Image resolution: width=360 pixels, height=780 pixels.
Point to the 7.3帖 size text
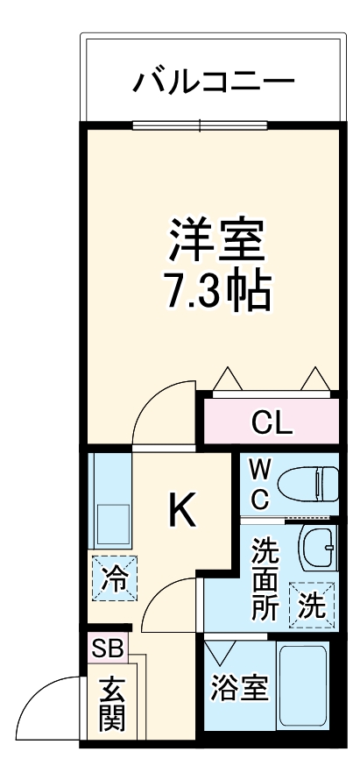tap(216, 293)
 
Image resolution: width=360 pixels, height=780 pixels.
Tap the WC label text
tap(261, 485)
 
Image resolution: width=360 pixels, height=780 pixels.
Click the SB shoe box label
tap(107, 649)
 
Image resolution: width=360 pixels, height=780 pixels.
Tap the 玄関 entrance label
tap(111, 705)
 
